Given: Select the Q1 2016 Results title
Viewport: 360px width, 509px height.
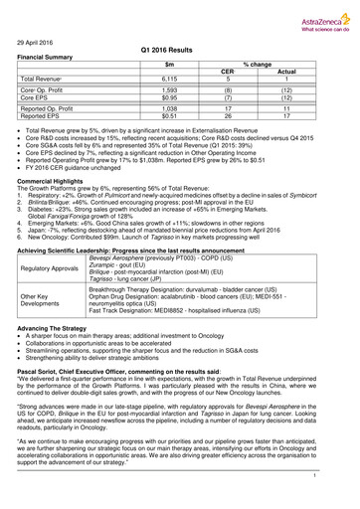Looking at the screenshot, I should pyautogui.click(x=180, y=49).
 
